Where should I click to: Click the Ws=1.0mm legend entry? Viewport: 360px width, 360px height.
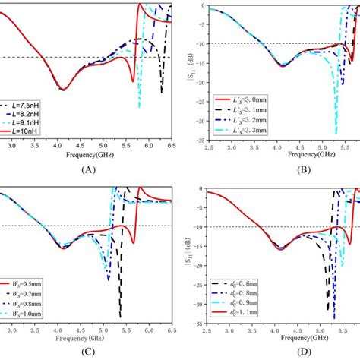29,313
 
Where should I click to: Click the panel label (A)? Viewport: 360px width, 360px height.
90,171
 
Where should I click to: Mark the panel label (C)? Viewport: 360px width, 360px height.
90,352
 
